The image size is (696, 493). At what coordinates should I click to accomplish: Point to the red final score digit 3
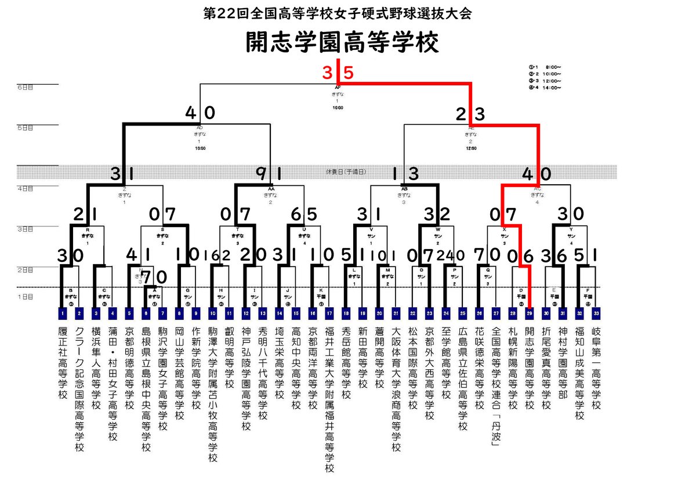pos(328,73)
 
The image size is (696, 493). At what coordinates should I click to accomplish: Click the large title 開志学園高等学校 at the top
pos(341,42)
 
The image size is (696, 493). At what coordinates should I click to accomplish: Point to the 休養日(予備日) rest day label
pos(347,172)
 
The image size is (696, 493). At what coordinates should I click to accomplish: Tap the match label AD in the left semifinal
pos(200,127)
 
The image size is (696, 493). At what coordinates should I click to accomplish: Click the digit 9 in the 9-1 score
pos(260,173)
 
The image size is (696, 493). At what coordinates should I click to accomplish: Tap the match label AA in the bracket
pos(271,189)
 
